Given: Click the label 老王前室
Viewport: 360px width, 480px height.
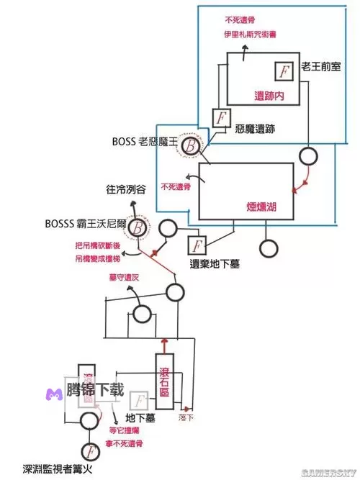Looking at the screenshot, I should [x=321, y=65].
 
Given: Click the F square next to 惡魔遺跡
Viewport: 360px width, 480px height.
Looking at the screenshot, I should [x=221, y=117].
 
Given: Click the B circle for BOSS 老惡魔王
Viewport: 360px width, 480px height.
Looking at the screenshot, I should [x=192, y=145].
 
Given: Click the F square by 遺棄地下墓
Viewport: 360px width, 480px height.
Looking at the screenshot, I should [x=196, y=245].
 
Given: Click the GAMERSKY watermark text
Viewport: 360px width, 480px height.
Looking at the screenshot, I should [x=328, y=473].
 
